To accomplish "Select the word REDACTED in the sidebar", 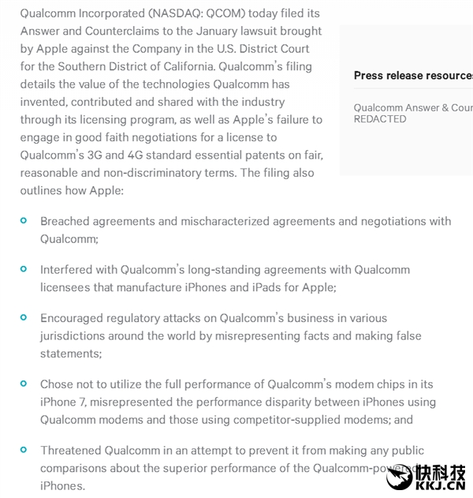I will pos(380,119).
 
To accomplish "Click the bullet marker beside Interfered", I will pos(24,269).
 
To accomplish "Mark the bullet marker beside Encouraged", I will pos(24,317).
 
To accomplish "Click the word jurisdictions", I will pos(74,335).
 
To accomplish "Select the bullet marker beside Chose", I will pos(24,384).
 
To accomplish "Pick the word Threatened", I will pos(71,450).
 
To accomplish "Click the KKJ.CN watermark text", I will pos(439,485).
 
